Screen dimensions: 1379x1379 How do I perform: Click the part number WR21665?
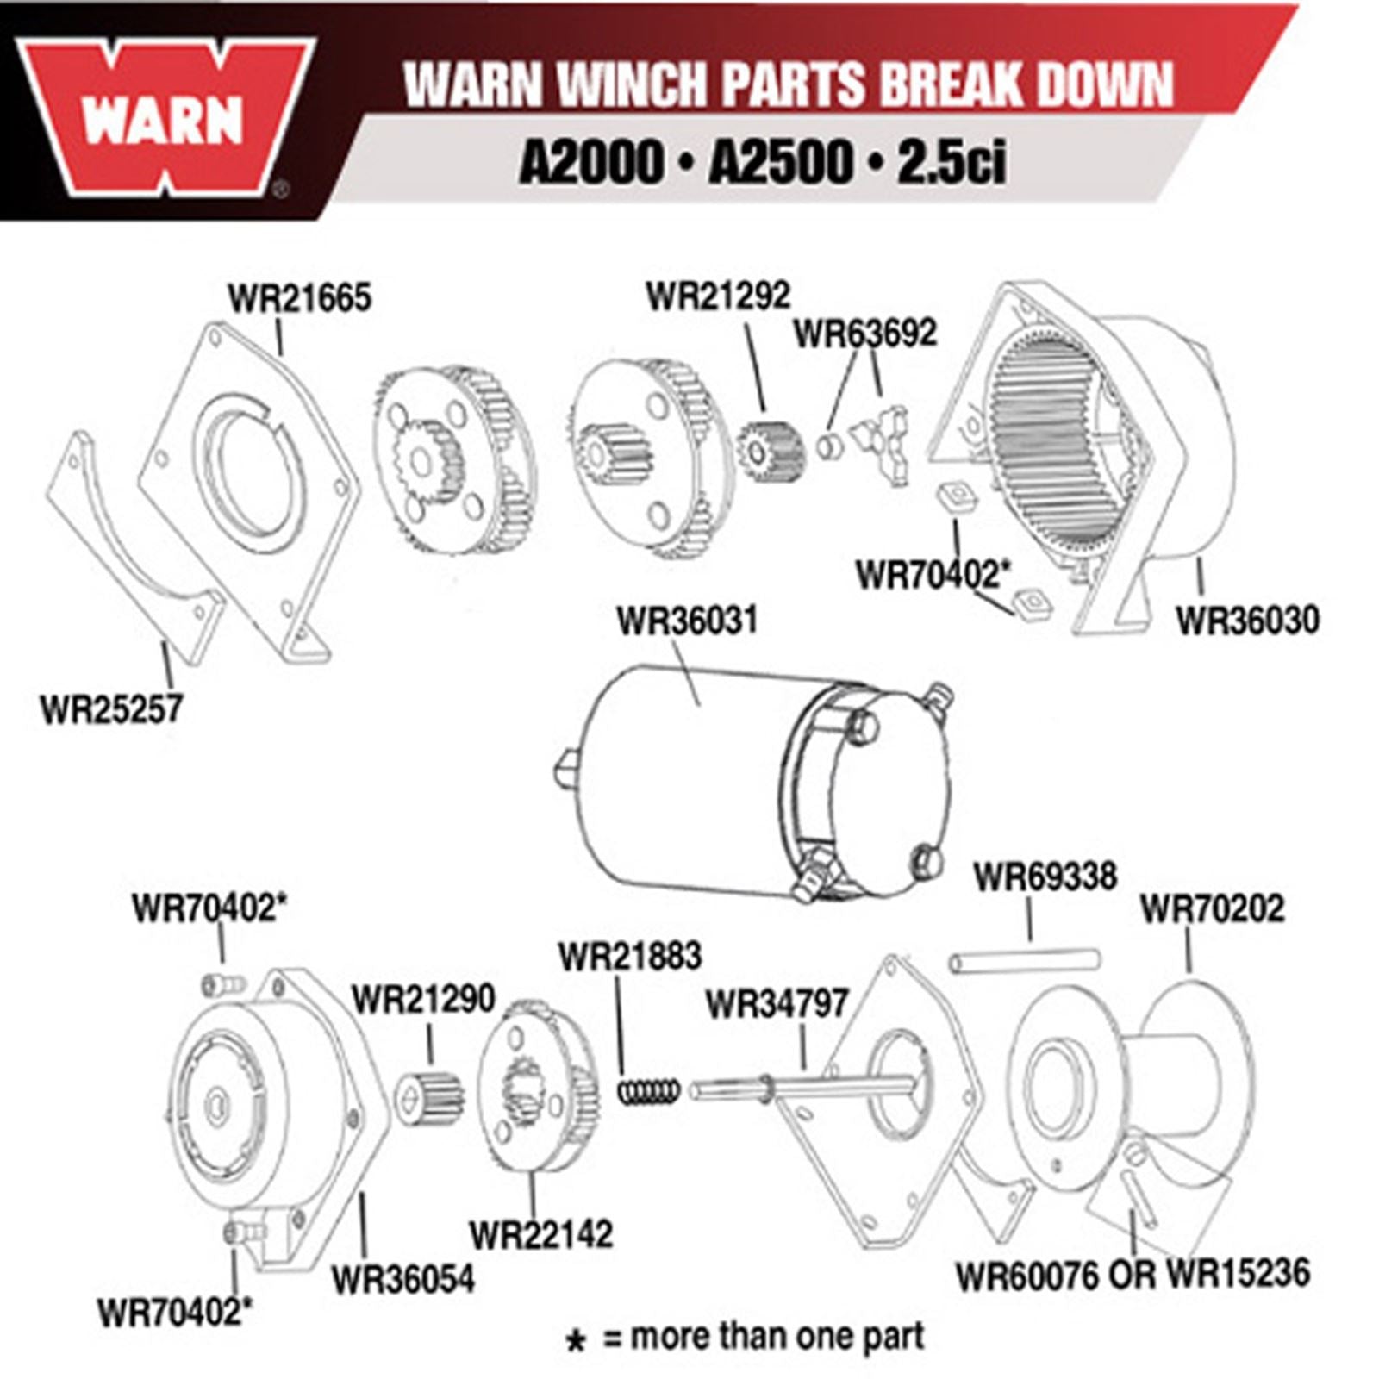[x=299, y=298]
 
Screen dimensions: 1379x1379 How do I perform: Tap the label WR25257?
[x=111, y=709]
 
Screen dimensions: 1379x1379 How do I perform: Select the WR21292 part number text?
[x=718, y=296]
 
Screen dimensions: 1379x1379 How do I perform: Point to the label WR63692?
[x=864, y=334]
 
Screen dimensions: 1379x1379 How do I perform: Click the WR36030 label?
[x=1247, y=620]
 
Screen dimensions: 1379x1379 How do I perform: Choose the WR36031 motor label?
[x=687, y=620]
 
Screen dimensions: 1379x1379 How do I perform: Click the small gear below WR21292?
[x=771, y=450]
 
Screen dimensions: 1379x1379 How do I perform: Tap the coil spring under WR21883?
[x=649, y=1092]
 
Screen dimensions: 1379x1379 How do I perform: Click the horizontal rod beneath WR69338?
[x=1025, y=960]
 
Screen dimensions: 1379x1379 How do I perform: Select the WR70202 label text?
[x=1212, y=908]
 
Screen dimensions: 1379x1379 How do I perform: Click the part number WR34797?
[x=777, y=1003]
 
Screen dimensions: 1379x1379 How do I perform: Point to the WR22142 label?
[x=541, y=1234]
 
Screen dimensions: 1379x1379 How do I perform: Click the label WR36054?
[x=402, y=1279]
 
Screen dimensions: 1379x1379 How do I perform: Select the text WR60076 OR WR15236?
[x=1133, y=1275]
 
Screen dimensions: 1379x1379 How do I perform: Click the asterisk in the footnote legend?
[x=575, y=1341]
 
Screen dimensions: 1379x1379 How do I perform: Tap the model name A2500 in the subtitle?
[x=780, y=161]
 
